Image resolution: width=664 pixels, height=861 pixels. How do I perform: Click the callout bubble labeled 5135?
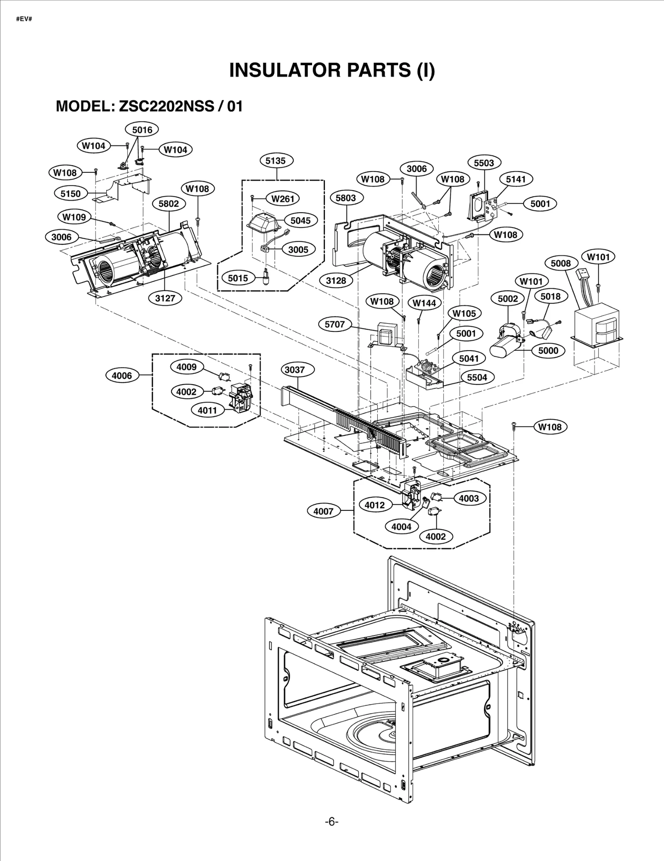tap(276, 161)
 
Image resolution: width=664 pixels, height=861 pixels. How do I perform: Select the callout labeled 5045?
tap(300, 221)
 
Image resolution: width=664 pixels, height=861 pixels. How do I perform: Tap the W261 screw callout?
tap(283, 199)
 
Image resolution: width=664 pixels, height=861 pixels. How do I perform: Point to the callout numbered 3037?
tap(295, 370)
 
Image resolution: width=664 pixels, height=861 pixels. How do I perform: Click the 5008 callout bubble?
tap(561, 263)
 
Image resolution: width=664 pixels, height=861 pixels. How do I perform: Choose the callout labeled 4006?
tap(122, 376)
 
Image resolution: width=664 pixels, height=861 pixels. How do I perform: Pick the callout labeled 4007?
tap(323, 511)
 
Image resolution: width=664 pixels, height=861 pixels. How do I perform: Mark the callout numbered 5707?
tap(334, 324)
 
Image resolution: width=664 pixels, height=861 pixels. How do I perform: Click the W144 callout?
tap(424, 303)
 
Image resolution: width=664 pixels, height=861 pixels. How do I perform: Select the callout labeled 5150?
tap(71, 194)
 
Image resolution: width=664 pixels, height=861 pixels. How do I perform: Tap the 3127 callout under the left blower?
tap(165, 298)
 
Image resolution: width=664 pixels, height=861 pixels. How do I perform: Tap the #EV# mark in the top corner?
tap(24, 20)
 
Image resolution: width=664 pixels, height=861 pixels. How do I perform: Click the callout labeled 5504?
tap(477, 378)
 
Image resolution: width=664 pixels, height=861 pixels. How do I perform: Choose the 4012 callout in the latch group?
tap(374, 505)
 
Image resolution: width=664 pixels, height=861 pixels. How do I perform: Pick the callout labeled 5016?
tap(142, 130)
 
